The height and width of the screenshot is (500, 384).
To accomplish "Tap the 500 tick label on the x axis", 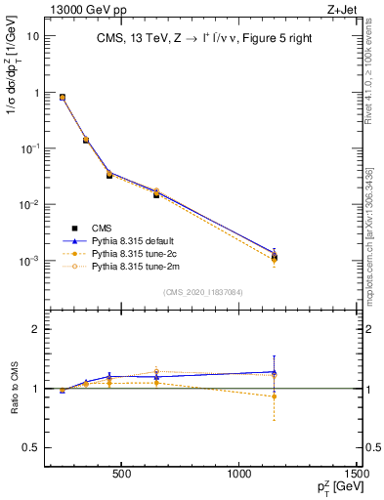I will pyautogui.click(x=121, y=476).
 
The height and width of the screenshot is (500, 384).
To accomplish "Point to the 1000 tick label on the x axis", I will pyautogui.click(x=239, y=476).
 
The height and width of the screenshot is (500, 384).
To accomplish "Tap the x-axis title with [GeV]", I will pyautogui.click(x=336, y=488).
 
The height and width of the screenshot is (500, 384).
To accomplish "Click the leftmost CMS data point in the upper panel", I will pyautogui.click(x=63, y=98).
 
